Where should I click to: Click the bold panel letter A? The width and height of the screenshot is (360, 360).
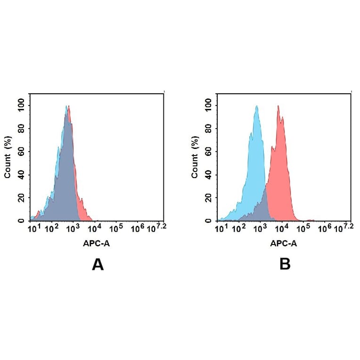click(98, 264)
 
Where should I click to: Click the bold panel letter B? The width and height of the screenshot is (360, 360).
click(285, 264)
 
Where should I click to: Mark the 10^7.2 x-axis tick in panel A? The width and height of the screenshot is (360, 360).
click(157, 228)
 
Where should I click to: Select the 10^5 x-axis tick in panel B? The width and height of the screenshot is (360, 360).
click(302, 229)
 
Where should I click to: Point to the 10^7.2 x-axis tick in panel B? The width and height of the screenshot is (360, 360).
click(344, 228)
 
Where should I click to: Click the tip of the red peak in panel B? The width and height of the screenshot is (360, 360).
click(278, 106)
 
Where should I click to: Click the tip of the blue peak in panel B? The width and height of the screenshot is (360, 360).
click(257, 106)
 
